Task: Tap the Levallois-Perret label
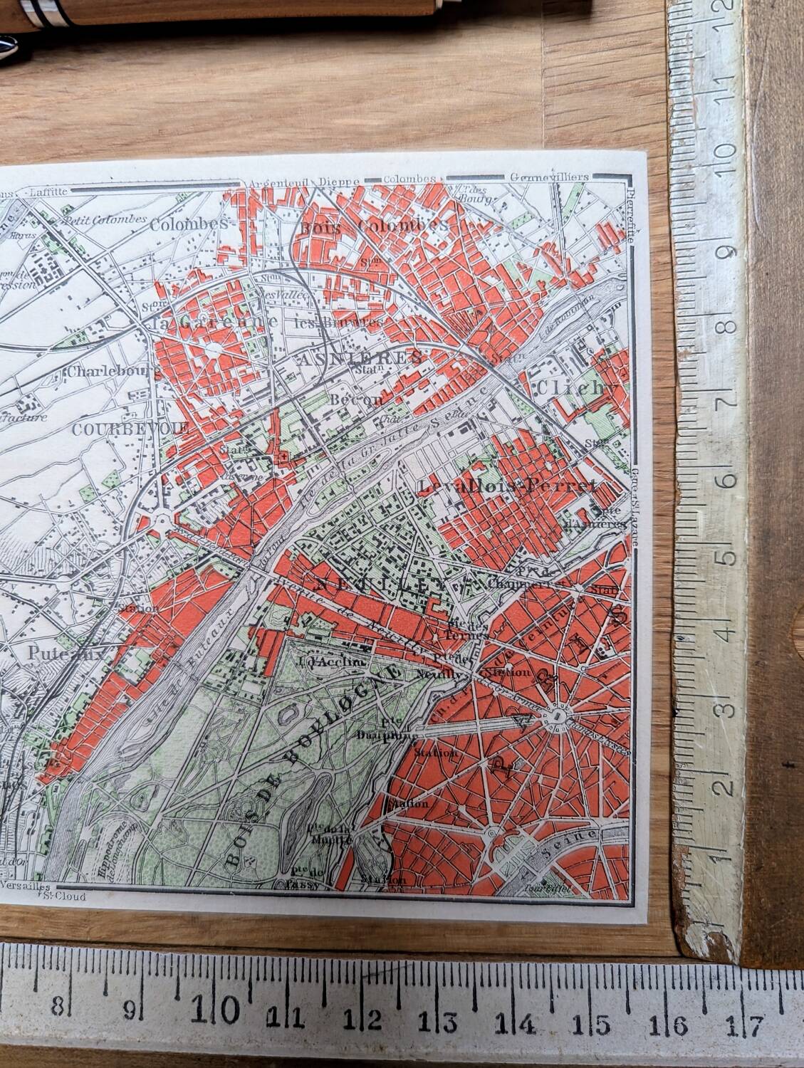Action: tap(507, 487)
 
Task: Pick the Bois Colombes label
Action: tap(375, 226)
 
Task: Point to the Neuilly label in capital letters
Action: tap(374, 585)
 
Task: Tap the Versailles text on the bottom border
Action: tap(25, 886)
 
